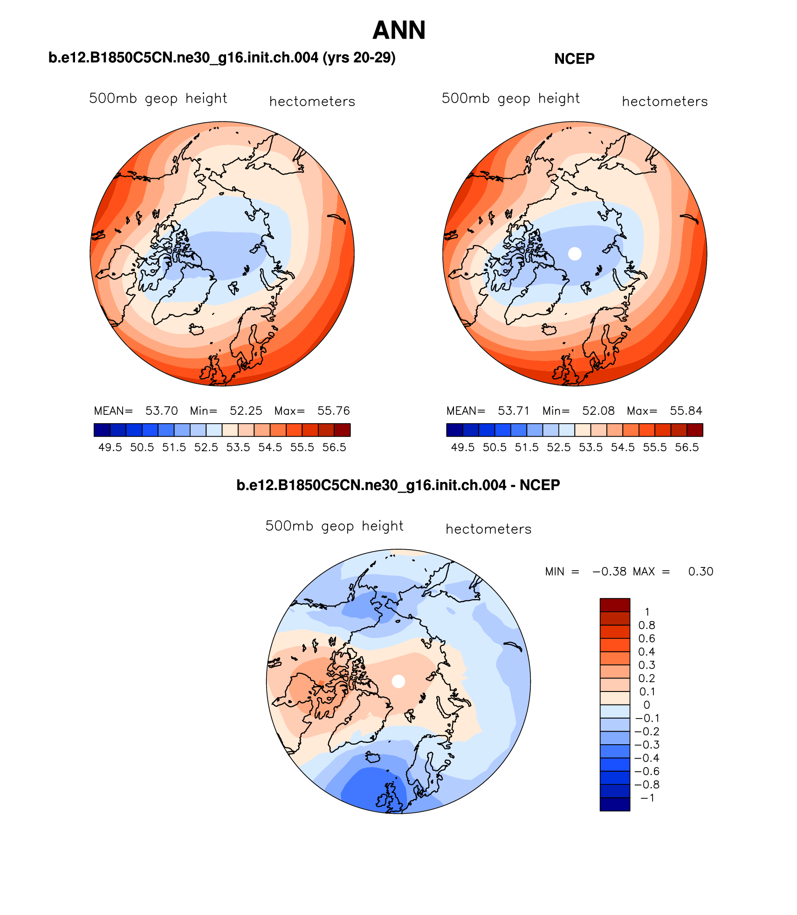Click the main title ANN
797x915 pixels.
(399, 31)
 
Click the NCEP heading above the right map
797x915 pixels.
(574, 59)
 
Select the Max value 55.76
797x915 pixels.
(333, 411)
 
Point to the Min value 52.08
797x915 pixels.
(598, 411)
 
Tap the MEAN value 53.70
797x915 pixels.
(161, 411)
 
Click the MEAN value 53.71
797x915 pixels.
(514, 411)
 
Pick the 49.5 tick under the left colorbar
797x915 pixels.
(110, 447)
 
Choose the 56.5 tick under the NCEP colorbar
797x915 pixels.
(687, 447)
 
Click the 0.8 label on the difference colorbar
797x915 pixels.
(646, 625)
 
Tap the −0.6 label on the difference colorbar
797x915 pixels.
(647, 771)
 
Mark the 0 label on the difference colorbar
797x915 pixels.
(646, 705)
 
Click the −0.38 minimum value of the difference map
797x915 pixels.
(609, 572)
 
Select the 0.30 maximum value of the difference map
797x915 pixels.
(701, 572)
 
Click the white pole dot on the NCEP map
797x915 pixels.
(575, 253)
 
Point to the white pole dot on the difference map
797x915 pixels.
(398, 681)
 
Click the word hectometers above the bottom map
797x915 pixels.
(488, 529)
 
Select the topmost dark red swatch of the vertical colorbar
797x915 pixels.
(615, 605)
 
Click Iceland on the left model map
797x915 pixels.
(196, 329)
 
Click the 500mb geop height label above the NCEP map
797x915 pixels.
(510, 98)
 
